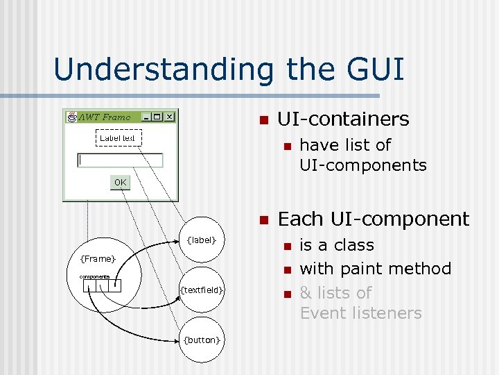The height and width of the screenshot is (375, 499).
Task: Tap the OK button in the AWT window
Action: pyautogui.click(x=121, y=182)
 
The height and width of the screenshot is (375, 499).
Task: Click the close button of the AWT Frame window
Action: pyautogui.click(x=170, y=117)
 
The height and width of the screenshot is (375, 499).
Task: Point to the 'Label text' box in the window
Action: pyautogui.click(x=117, y=138)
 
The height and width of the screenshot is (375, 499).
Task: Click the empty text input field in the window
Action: pyautogui.click(x=120, y=160)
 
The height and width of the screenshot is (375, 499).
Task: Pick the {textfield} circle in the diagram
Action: pyautogui.click(x=202, y=290)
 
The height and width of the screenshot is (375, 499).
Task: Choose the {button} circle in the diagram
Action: pyautogui.click(x=202, y=339)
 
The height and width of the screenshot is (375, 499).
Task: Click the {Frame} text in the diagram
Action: pyautogui.click(x=98, y=259)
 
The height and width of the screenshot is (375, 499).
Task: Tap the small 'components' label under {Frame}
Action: pyautogui.click(x=94, y=275)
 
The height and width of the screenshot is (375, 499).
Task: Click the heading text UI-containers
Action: pyautogui.click(x=343, y=119)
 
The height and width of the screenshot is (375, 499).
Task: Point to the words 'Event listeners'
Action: pyautogui.click(x=360, y=313)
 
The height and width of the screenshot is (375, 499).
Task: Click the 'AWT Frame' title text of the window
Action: pyautogui.click(x=105, y=117)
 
